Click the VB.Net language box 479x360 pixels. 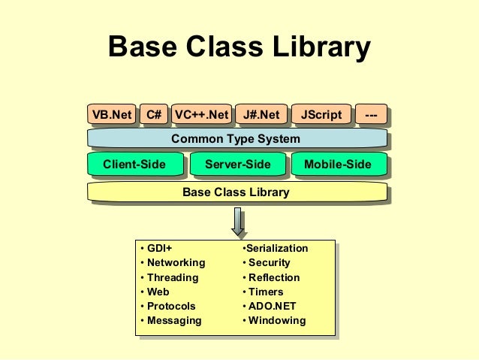pyautogui.click(x=112, y=115)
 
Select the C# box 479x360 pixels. pyautogui.click(x=154, y=115)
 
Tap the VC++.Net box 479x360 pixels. pyautogui.click(x=200, y=115)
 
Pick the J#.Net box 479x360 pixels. pyautogui.click(x=261, y=115)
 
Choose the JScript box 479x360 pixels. pyautogui.click(x=321, y=115)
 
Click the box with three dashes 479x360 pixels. pyautogui.click(x=371, y=115)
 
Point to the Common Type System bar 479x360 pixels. pyautogui.click(x=236, y=139)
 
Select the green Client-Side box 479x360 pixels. pyautogui.click(x=134, y=165)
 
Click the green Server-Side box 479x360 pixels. pyautogui.click(x=237, y=165)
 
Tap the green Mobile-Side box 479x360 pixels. pyautogui.click(x=338, y=165)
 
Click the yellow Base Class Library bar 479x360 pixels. pyautogui.click(x=236, y=192)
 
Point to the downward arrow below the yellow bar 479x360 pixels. pyautogui.click(x=238, y=221)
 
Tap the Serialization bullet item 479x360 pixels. pyautogui.click(x=276, y=249)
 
